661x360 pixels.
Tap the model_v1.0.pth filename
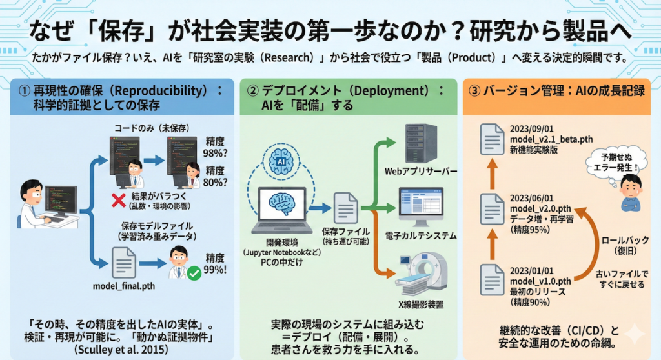coord(540,281)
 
